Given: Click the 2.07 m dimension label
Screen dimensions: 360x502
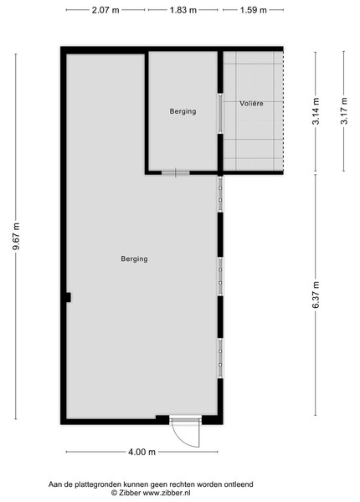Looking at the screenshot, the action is pyautogui.click(x=105, y=10).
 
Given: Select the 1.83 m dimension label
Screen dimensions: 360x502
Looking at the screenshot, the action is pyautogui.click(x=183, y=10).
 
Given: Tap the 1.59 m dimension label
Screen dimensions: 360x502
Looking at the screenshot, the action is pyautogui.click(x=254, y=10).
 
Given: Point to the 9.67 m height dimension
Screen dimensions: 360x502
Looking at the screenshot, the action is pyautogui.click(x=16, y=236).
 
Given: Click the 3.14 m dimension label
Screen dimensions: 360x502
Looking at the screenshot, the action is pyautogui.click(x=316, y=110).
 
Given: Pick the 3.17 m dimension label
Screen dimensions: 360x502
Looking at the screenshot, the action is pyautogui.click(x=344, y=110).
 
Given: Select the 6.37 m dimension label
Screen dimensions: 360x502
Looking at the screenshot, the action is pyautogui.click(x=316, y=295).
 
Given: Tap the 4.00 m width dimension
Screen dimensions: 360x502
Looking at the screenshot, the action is pyautogui.click(x=141, y=452).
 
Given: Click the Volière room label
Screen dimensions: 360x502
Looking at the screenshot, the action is pyautogui.click(x=251, y=104).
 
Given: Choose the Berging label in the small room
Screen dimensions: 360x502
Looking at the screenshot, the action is pyautogui.click(x=183, y=111).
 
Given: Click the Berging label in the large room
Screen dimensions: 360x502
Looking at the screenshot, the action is pyautogui.click(x=134, y=259).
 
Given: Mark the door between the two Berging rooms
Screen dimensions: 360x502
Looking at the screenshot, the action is pyautogui.click(x=176, y=173).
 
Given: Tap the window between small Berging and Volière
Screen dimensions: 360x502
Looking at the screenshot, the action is pyautogui.click(x=220, y=113).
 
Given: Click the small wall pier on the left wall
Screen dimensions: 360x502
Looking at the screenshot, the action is pyautogui.click(x=68, y=297).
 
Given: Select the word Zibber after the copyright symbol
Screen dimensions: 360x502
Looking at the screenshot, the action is pyautogui.click(x=130, y=493).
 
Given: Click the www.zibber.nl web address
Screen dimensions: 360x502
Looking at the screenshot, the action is pyautogui.click(x=167, y=493).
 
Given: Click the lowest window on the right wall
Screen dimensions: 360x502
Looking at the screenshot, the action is pyautogui.click(x=220, y=358).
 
